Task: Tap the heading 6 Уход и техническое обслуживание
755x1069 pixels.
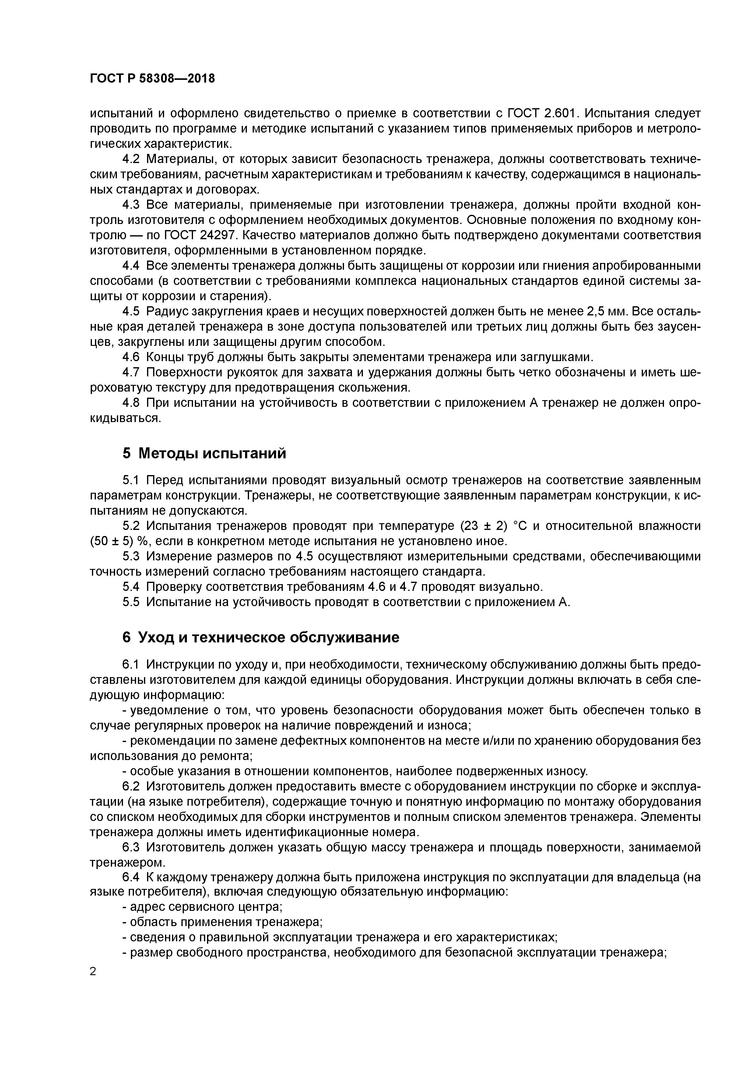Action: click(261, 637)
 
